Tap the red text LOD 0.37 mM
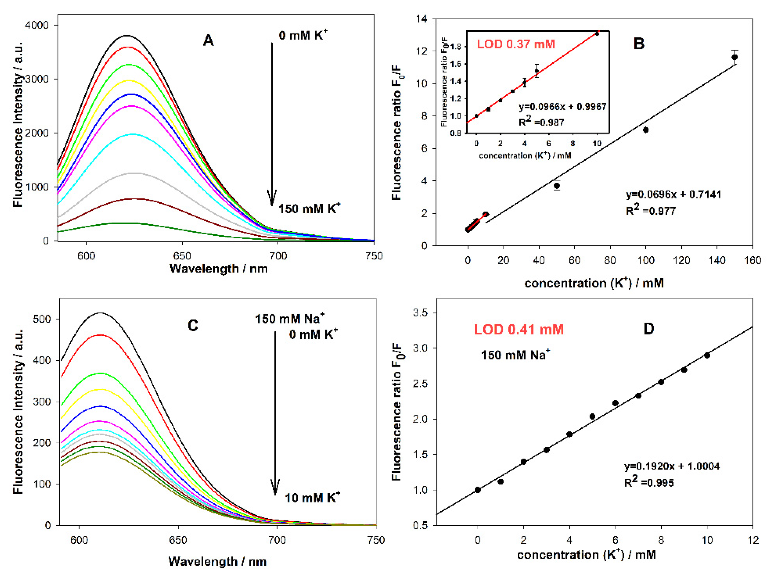click(x=516, y=44)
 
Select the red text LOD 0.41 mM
click(x=519, y=329)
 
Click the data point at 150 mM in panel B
click(x=734, y=57)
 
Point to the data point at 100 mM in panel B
click(x=646, y=130)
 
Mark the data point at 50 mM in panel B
click(x=557, y=186)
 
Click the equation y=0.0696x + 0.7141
click(x=673, y=194)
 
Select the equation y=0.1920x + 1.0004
click(x=672, y=466)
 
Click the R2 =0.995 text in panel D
click(x=649, y=482)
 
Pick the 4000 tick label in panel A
click(x=37, y=25)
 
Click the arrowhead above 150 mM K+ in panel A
click(x=272, y=199)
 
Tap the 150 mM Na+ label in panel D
click(x=515, y=355)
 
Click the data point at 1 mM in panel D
click(x=500, y=482)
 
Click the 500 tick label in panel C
click(x=42, y=319)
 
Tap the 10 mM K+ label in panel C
click(x=312, y=498)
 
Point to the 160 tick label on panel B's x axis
click(x=752, y=260)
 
